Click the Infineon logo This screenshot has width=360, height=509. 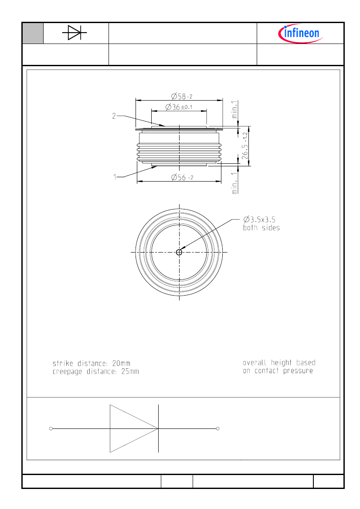point(301,33)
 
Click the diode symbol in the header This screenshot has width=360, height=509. point(75,33)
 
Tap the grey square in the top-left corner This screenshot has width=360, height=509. point(33,33)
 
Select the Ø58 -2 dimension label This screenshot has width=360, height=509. point(181,96)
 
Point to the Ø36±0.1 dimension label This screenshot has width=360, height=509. point(179,107)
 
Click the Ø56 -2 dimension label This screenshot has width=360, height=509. point(181,177)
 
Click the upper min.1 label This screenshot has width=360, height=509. point(235,109)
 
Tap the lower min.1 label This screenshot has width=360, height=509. point(235,182)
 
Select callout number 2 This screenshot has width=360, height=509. point(114,116)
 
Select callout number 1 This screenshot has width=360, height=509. point(115,177)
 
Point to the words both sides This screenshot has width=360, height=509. point(261,228)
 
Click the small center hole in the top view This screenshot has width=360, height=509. point(179,252)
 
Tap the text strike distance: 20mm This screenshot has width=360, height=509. point(91,363)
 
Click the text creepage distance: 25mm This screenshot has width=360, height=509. point(95,371)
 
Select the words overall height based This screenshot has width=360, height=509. point(279,363)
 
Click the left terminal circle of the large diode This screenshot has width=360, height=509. point(51,428)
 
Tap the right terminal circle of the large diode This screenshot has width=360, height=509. point(217,428)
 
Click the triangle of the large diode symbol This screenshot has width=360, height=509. point(129,428)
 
